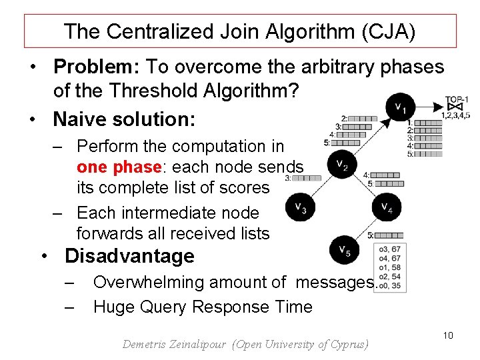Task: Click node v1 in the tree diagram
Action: (x=400, y=106)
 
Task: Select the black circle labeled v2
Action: (x=341, y=164)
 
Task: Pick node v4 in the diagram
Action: (x=387, y=208)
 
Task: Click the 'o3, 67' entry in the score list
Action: (x=389, y=249)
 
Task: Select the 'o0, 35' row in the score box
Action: (x=389, y=286)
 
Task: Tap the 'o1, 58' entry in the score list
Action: (x=389, y=267)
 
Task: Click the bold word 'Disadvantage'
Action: (x=129, y=256)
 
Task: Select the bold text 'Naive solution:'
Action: (x=124, y=119)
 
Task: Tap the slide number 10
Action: (x=447, y=335)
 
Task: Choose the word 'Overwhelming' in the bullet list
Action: (x=149, y=283)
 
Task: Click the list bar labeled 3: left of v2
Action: (x=307, y=178)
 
